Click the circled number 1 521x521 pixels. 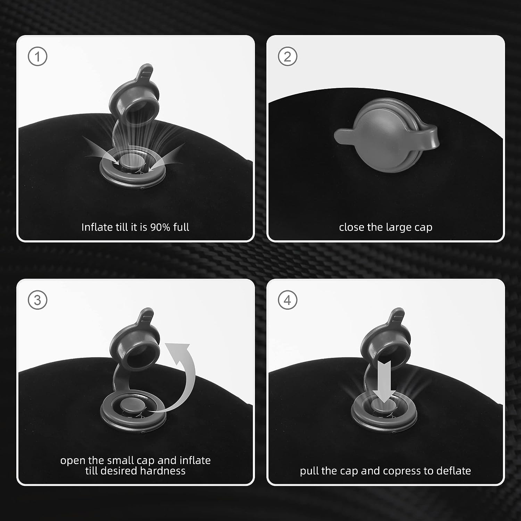pyautogui.click(x=37, y=57)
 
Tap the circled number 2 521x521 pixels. pyautogui.click(x=287, y=57)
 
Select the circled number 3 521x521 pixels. pyautogui.click(x=37, y=300)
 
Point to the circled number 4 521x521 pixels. pyautogui.click(x=287, y=300)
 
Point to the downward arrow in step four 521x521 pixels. pyautogui.click(x=383, y=381)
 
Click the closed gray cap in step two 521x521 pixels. pyautogui.click(x=386, y=136)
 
